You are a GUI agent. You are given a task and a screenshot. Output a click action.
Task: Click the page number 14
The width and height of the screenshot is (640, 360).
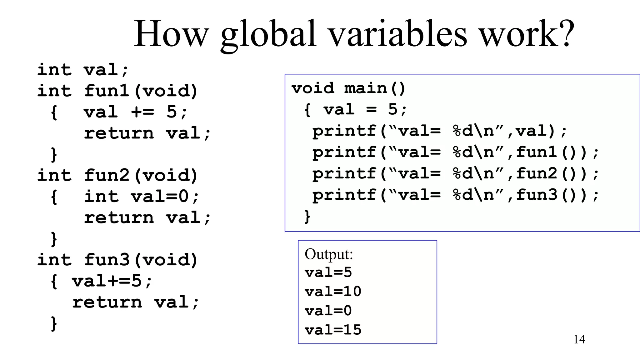(x=579, y=339)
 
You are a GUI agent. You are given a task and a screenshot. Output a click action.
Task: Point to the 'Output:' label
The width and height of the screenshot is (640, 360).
(x=328, y=254)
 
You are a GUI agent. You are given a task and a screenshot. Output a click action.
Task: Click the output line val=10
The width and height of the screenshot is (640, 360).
(x=333, y=292)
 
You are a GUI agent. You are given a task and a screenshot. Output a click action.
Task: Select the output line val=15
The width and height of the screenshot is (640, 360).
(x=333, y=330)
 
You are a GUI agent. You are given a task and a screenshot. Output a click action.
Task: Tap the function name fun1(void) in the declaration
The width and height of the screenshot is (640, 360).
(x=141, y=91)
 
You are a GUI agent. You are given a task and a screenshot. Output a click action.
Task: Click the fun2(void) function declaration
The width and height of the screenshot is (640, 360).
(x=141, y=175)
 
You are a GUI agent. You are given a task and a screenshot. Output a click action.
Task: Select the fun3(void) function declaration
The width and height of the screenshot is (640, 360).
(x=141, y=260)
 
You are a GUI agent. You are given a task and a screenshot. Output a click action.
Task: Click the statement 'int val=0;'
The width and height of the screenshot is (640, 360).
(x=141, y=197)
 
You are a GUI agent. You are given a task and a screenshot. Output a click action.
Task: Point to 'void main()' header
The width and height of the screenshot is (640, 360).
(x=348, y=88)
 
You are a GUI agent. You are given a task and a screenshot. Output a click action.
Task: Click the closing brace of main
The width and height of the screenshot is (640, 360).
(x=307, y=217)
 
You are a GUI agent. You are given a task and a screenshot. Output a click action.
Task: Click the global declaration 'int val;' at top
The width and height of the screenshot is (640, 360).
(x=82, y=70)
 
